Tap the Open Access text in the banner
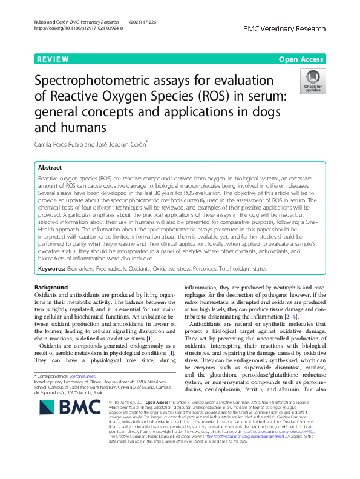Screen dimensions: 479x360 pyautogui.click(x=301, y=59)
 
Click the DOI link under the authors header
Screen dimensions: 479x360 pyautogui.click(x=79, y=28)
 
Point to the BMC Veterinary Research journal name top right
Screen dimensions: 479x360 pyautogui.click(x=284, y=28)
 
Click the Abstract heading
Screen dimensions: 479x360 pyautogui.click(x=50, y=168)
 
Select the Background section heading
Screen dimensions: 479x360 pyautogui.click(x=51, y=287)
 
